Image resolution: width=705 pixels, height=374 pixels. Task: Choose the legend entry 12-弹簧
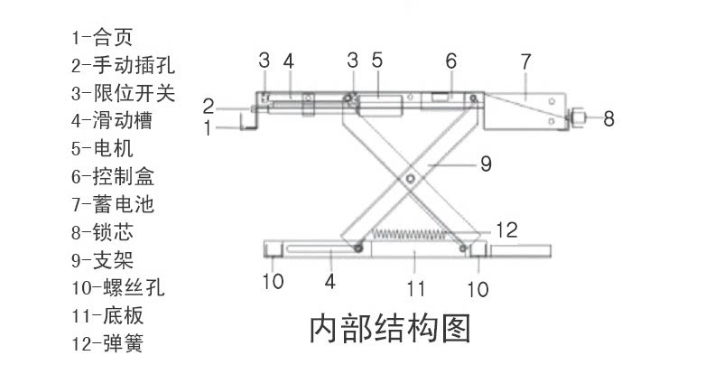point(109,343)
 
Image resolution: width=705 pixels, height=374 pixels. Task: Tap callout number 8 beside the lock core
point(608,117)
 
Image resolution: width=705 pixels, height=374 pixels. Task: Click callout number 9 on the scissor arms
point(485,164)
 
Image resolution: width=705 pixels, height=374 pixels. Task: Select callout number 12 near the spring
point(506,230)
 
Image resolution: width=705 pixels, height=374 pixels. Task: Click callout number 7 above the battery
point(525,62)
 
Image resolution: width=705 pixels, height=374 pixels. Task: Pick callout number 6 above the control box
point(450,61)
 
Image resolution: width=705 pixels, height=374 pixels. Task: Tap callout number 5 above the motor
point(376,61)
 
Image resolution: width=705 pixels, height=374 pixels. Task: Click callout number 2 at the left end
point(208,104)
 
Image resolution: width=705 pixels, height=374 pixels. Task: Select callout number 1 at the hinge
point(208,128)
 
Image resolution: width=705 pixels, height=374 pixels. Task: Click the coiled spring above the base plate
point(411,237)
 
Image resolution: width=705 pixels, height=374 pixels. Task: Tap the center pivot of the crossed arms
point(412,180)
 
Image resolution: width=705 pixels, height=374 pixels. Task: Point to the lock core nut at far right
point(578,117)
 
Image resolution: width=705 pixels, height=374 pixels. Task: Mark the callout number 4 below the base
point(330,282)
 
